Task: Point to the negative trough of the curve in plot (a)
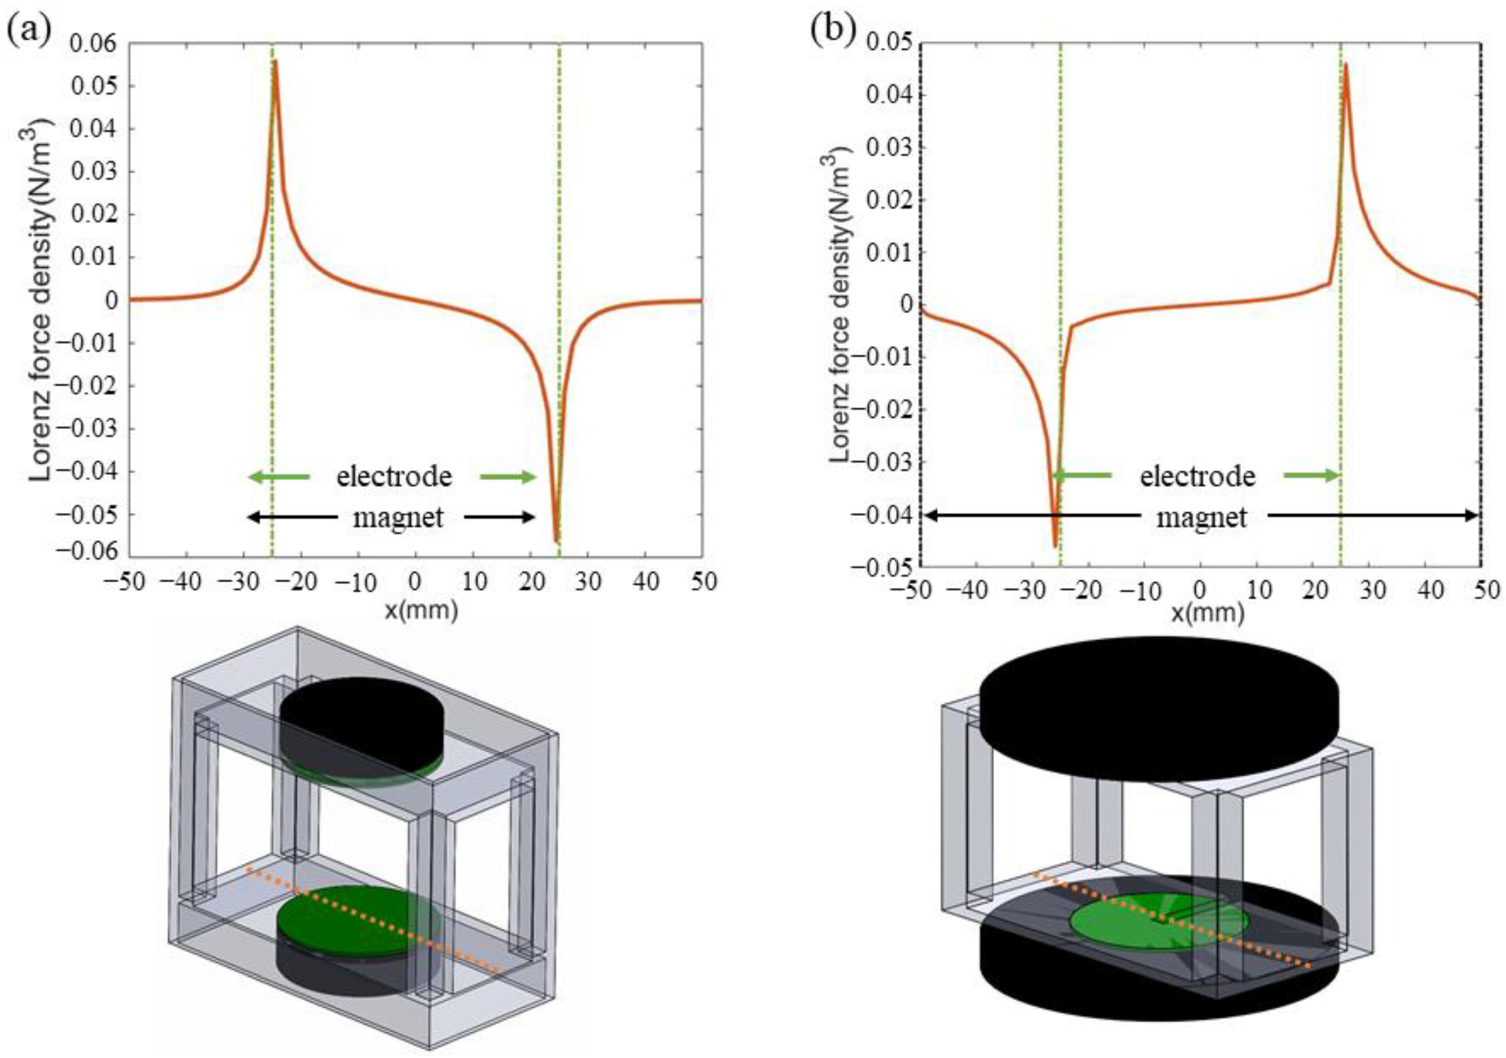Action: click(x=556, y=541)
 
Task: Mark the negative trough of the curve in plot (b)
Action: click(x=1055, y=546)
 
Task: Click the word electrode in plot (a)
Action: click(x=394, y=476)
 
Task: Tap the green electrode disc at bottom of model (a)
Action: click(x=354, y=912)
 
